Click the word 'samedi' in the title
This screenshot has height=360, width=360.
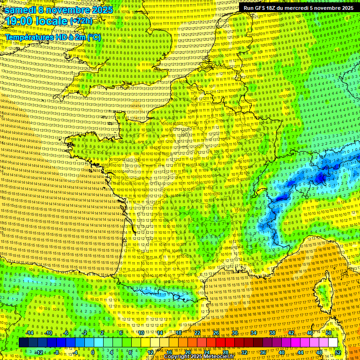click(x=21, y=10)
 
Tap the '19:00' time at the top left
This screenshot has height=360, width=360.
click(x=22, y=21)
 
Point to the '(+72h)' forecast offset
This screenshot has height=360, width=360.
click(x=82, y=22)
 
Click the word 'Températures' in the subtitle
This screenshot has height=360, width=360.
click(x=28, y=37)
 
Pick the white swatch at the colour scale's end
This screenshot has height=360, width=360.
click(x=333, y=343)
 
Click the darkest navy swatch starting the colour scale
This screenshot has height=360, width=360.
click(x=24, y=343)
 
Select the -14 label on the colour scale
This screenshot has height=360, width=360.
click(x=30, y=333)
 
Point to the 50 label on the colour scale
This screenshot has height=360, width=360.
click(x=329, y=333)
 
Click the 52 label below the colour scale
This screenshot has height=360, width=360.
click(x=338, y=352)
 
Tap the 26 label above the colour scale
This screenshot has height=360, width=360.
click(x=216, y=333)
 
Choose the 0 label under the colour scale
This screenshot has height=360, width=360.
click(x=93, y=352)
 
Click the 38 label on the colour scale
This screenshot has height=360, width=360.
click(x=272, y=333)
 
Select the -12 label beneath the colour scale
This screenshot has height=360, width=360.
click(x=39, y=352)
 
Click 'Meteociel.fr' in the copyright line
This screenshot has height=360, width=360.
click(x=220, y=357)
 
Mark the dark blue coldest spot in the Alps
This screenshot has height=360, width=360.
click(x=321, y=178)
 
